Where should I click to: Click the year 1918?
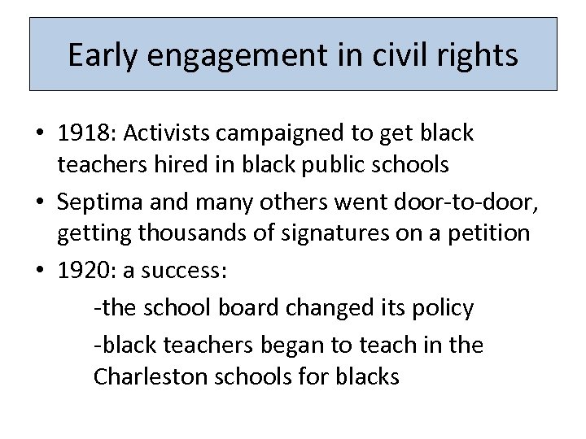tap(79, 133)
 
